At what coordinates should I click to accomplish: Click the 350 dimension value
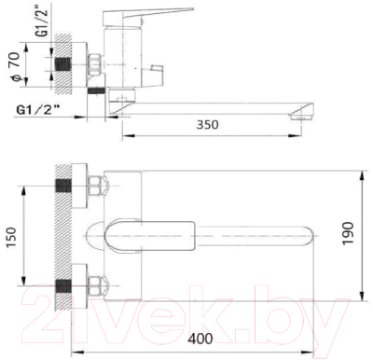[208, 125]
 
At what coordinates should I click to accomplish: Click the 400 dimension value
[200, 339]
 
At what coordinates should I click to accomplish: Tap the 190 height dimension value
[348, 233]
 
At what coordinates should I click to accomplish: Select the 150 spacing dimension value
[10, 238]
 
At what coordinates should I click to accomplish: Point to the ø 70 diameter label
[15, 67]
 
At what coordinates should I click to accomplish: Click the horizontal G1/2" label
[38, 110]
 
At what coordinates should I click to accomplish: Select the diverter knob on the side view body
[152, 74]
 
